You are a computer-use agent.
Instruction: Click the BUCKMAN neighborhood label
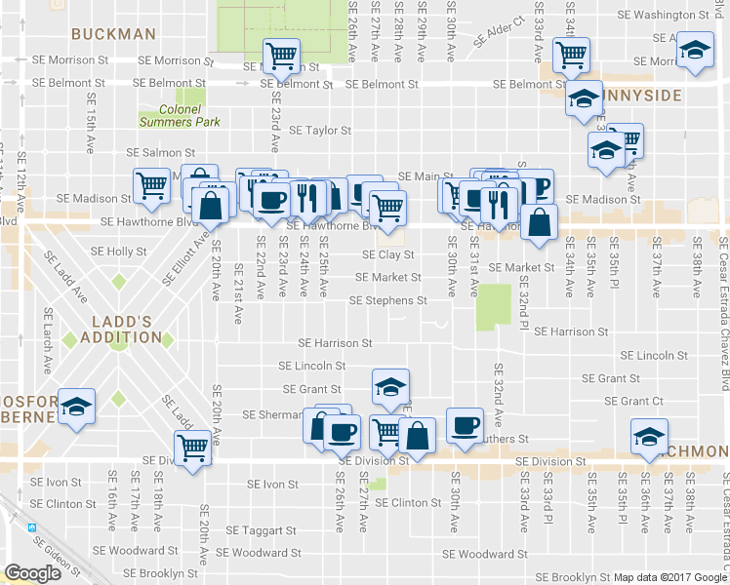[114, 34]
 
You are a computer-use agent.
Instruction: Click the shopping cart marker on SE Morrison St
[281, 56]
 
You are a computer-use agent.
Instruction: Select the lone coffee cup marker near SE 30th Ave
[465, 424]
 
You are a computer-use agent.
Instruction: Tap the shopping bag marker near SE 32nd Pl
[539, 223]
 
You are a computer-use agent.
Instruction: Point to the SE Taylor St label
[320, 130]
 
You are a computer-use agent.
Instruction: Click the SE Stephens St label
[388, 300]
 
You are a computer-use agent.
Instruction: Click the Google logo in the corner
[32, 573]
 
